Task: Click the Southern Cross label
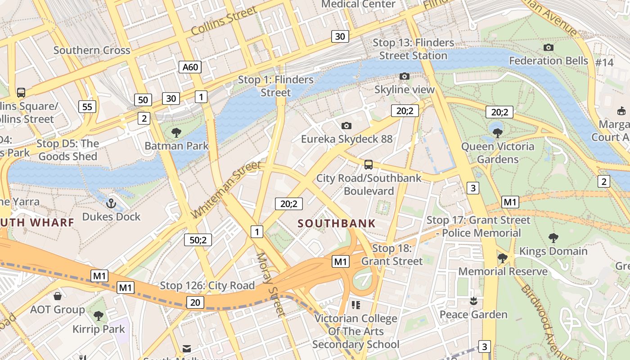[92, 50]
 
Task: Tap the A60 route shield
[190, 67]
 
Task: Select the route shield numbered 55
[87, 107]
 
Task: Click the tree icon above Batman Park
[176, 132]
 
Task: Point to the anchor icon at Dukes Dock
[111, 203]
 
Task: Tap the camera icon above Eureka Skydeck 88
[346, 126]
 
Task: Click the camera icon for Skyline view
[405, 76]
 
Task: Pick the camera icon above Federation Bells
[548, 47]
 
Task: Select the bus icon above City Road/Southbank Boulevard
[369, 164]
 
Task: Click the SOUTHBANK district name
[336, 224]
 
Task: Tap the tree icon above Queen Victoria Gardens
[497, 133]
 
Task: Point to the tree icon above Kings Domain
[553, 238]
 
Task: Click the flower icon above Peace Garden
[473, 301]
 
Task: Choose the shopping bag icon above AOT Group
[58, 296]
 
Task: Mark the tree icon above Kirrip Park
[98, 315]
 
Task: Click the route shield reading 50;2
[198, 240]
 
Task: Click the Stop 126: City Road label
[207, 286]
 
